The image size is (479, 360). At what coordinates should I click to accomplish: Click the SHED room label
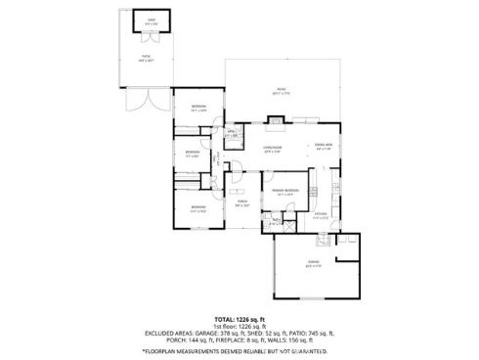point(151,19)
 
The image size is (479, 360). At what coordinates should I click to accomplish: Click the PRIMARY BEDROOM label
point(285,192)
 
